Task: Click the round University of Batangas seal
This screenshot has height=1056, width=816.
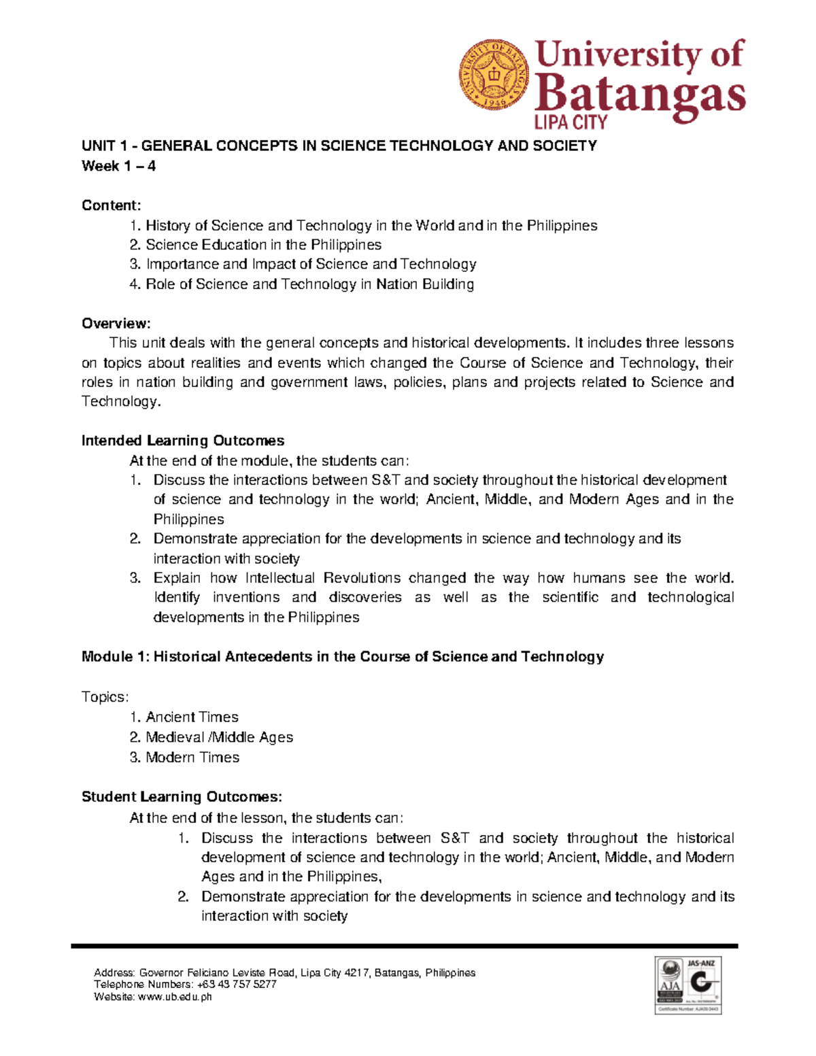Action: [x=494, y=74]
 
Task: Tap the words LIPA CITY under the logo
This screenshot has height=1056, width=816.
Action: [x=571, y=122]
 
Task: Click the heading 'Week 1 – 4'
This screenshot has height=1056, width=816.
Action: [x=118, y=166]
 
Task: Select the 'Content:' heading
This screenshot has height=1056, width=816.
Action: [x=111, y=205]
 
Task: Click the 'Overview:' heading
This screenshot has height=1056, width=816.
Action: [x=116, y=323]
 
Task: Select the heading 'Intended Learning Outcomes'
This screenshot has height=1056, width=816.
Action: [x=182, y=441]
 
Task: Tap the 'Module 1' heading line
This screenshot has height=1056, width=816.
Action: [x=342, y=657]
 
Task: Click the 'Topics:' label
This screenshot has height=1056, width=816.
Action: [x=105, y=697]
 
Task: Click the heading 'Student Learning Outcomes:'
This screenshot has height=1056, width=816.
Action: [x=182, y=797]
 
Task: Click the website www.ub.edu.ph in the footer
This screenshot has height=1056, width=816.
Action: [x=175, y=997]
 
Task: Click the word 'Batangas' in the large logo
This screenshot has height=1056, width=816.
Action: [x=639, y=96]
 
